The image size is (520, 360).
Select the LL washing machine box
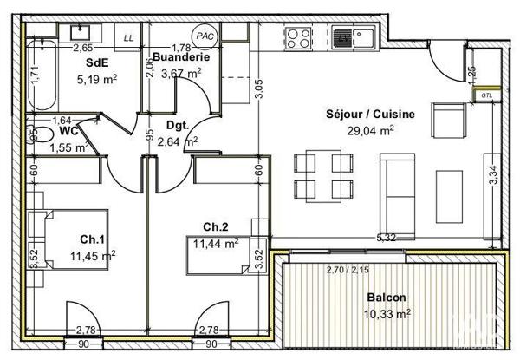pyautogui.click(x=128, y=38)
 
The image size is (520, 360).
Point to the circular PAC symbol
pyautogui.click(x=205, y=36)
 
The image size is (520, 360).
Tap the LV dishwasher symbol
pyautogui.click(x=344, y=38)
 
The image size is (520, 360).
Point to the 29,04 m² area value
pyautogui.click(x=370, y=130)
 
